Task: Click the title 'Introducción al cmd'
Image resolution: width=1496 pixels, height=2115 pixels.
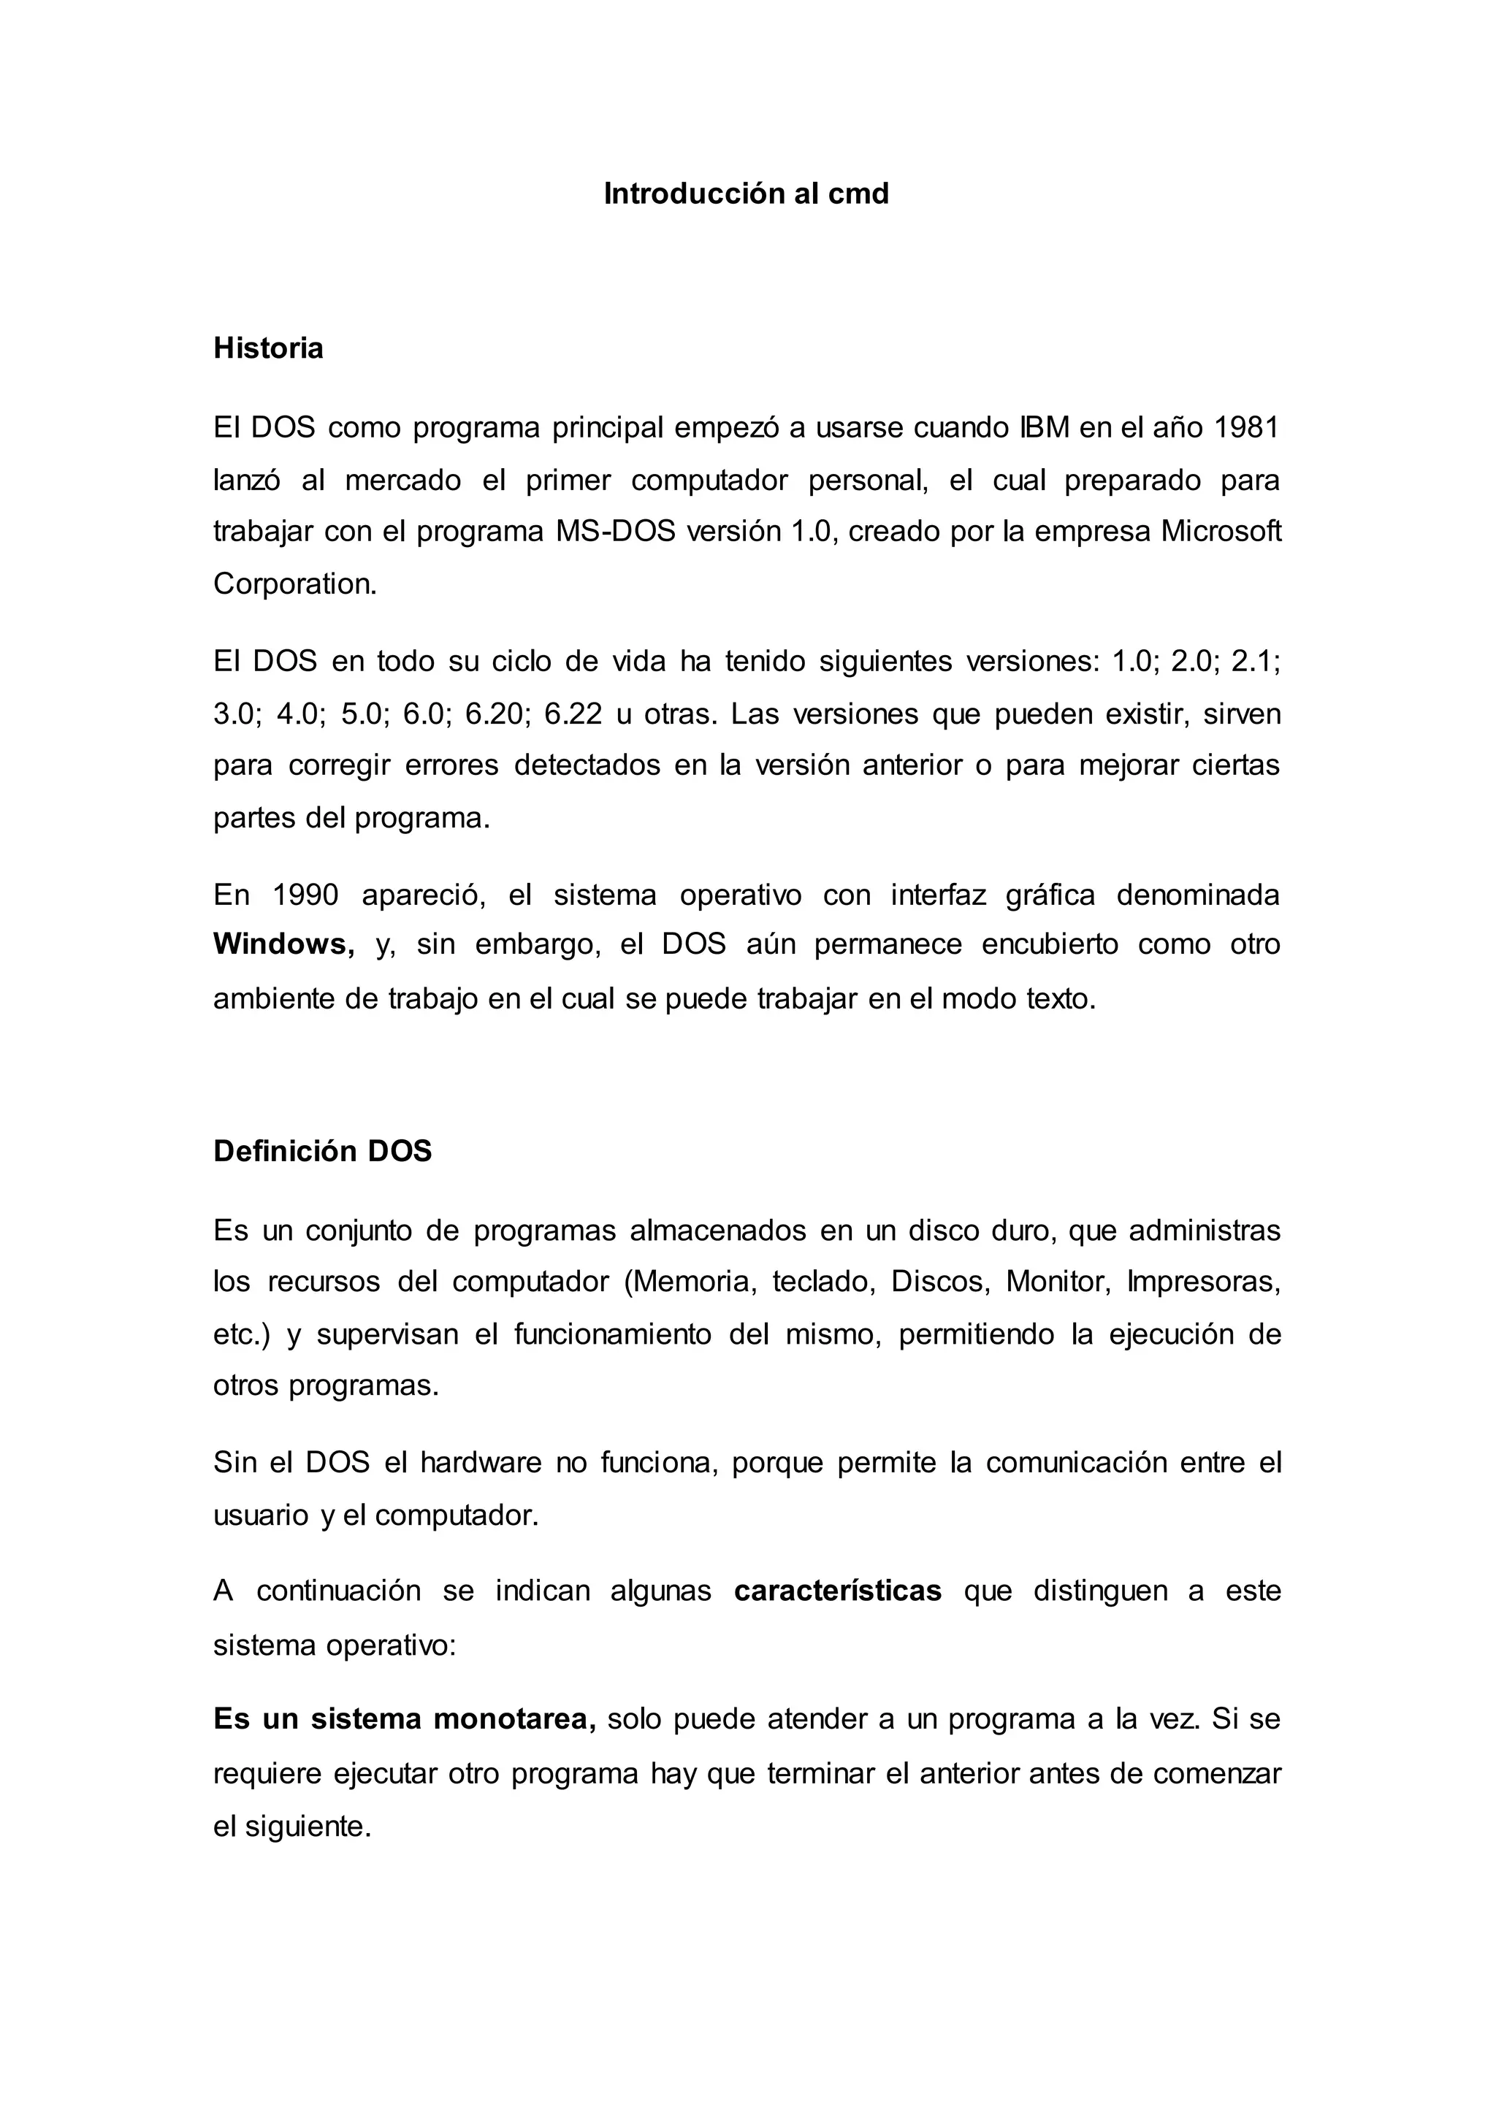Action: click(x=746, y=194)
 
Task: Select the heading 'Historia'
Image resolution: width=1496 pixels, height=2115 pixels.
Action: click(x=268, y=348)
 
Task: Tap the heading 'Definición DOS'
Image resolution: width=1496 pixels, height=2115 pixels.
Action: click(x=322, y=1152)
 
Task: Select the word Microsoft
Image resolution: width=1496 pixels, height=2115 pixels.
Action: click(x=1221, y=532)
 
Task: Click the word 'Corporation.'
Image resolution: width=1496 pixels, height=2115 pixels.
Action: click(x=295, y=584)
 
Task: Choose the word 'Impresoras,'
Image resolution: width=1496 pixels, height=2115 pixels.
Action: click(x=1204, y=1282)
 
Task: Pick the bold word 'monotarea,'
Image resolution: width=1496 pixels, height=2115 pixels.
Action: click(x=515, y=1719)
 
